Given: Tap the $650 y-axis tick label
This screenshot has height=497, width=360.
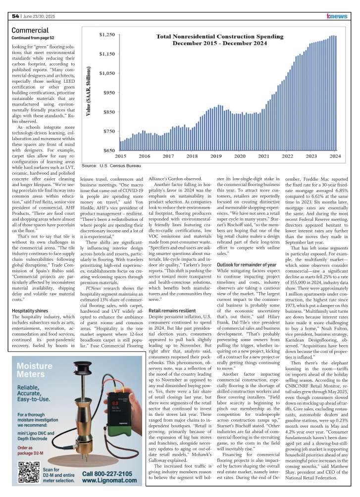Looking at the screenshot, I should pyautogui.click(x=107, y=150).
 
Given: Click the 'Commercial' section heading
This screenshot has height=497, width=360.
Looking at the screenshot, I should pyautogui.click(x=30, y=30).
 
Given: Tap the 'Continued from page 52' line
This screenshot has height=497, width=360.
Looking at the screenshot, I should pyautogui.click(x=33, y=38).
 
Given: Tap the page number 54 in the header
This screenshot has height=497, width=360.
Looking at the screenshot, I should pyautogui.click(x=15, y=16).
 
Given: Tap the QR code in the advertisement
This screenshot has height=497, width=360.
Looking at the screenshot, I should pyautogui.click(x=28, y=473).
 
